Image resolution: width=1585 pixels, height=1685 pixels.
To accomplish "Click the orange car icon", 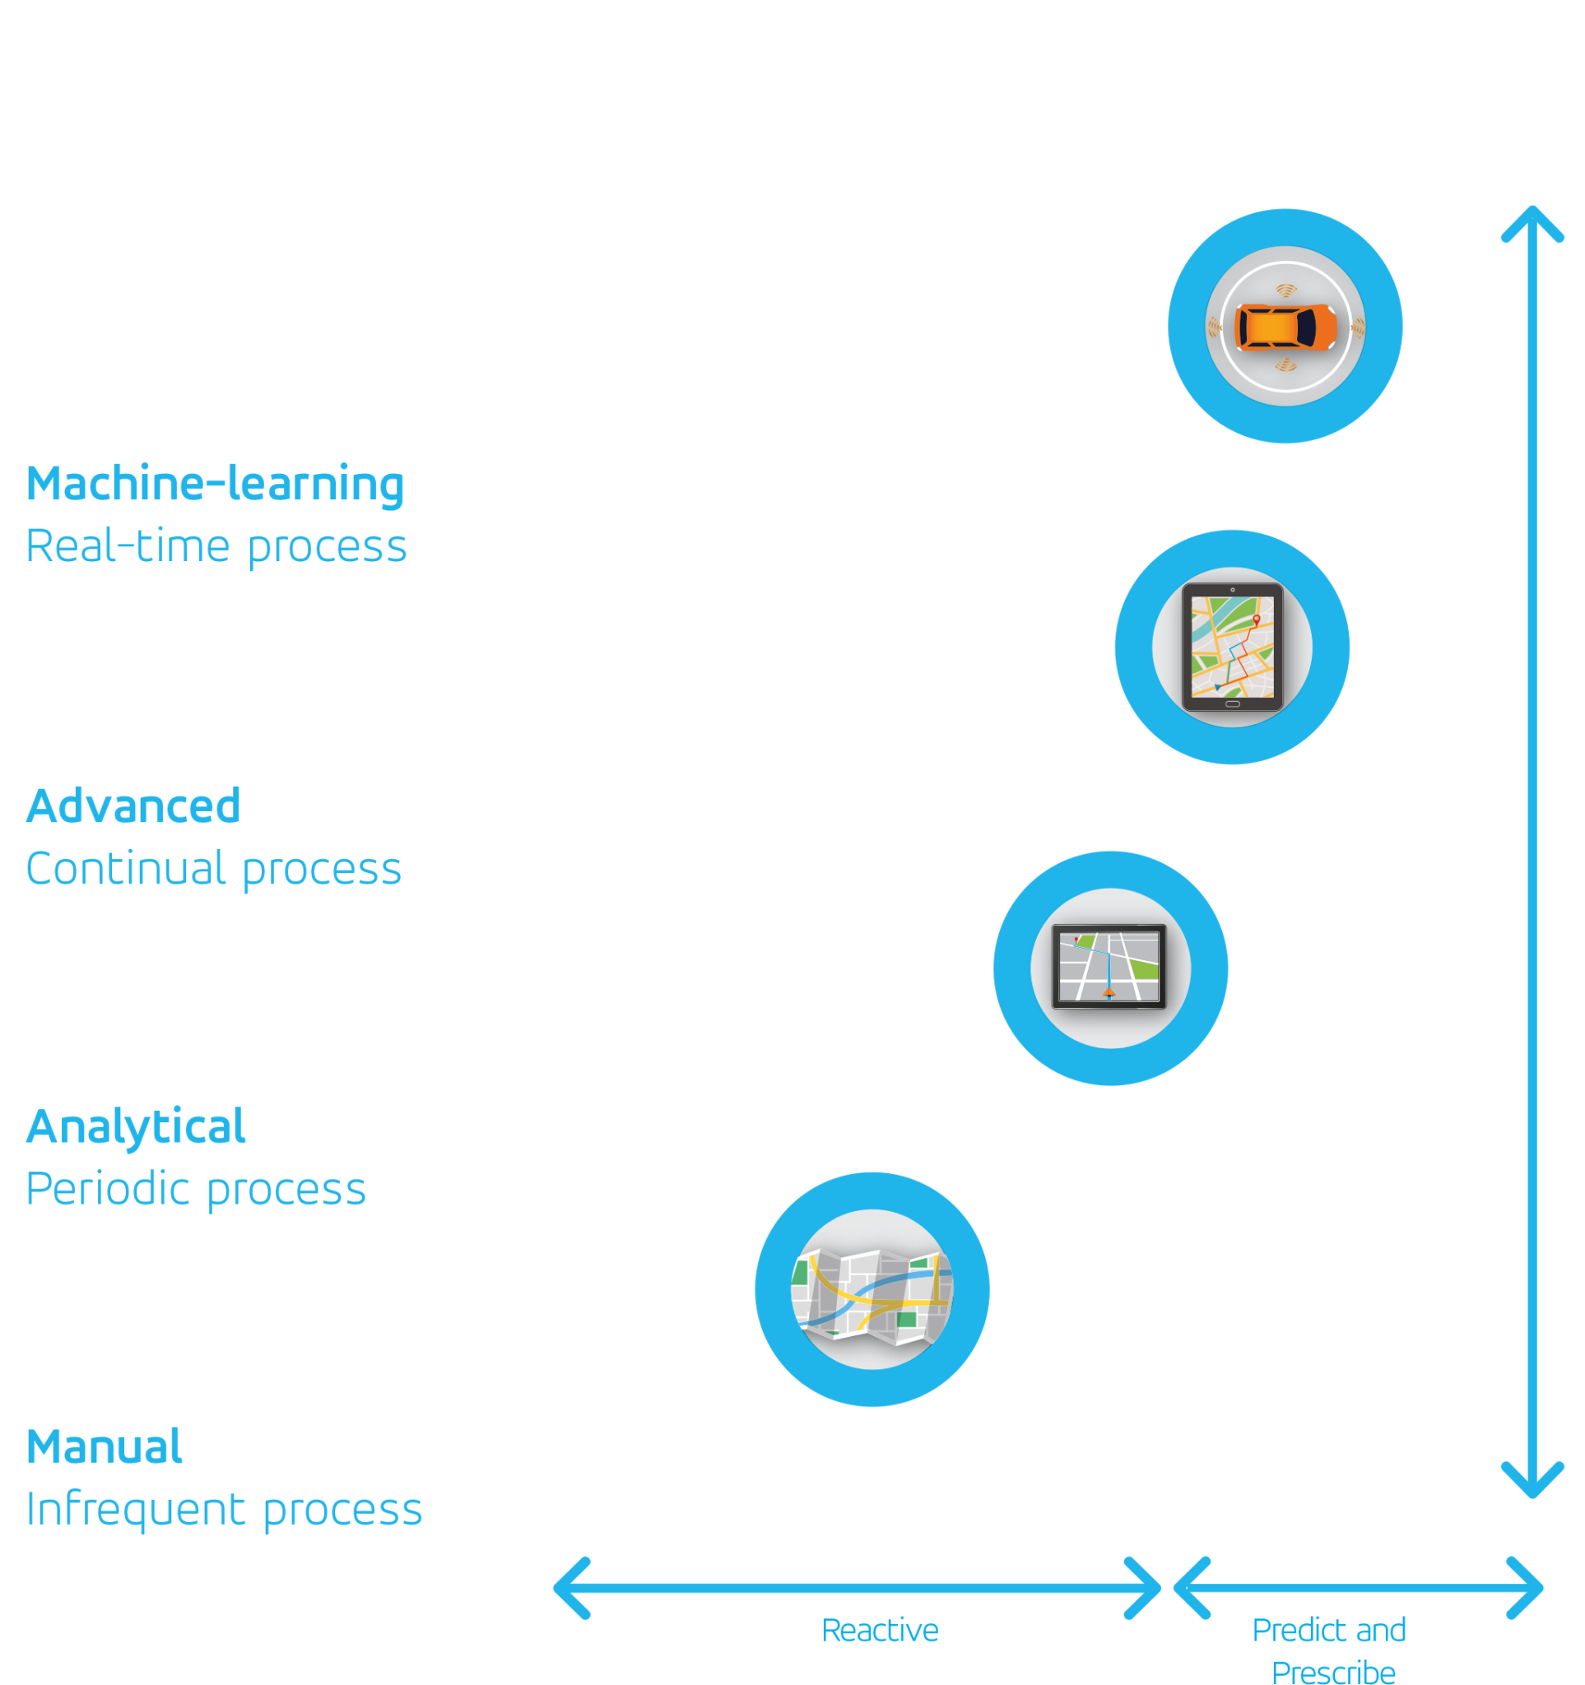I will point(1285,327).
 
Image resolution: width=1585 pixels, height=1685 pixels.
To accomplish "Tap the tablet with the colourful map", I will point(1232,647).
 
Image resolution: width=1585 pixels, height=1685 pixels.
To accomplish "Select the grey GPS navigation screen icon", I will point(1109,967).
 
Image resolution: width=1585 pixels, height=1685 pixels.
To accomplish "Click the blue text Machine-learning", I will point(216,484).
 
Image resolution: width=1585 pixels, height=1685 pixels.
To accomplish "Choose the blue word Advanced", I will point(133,806).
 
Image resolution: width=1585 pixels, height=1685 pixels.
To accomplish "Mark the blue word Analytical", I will point(136,1126).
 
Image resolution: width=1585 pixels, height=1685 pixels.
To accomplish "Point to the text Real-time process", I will point(216,546).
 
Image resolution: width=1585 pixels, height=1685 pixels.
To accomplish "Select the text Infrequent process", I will point(224,1510).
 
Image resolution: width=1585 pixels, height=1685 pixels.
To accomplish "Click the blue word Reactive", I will point(880,1630).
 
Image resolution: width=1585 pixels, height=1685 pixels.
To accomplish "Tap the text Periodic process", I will point(196,1189).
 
